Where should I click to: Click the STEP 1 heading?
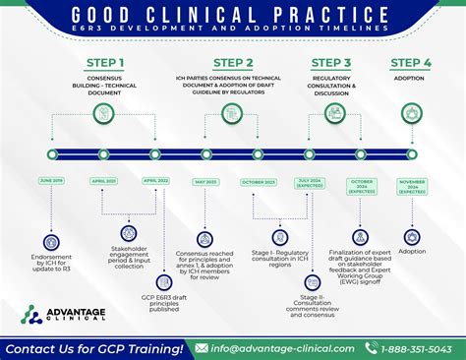tap(104, 65)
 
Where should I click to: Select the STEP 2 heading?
tap(232, 65)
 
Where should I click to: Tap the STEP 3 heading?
tap(331, 65)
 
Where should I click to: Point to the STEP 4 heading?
tap(410, 65)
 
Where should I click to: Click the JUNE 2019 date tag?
tap(52, 180)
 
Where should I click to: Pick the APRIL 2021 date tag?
tap(104, 180)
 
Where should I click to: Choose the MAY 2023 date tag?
tap(205, 181)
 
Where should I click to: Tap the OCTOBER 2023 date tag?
tap(258, 181)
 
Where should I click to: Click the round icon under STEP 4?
tap(411, 114)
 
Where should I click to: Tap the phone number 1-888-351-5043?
tap(423, 347)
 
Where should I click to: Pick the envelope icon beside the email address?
tap(202, 347)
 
